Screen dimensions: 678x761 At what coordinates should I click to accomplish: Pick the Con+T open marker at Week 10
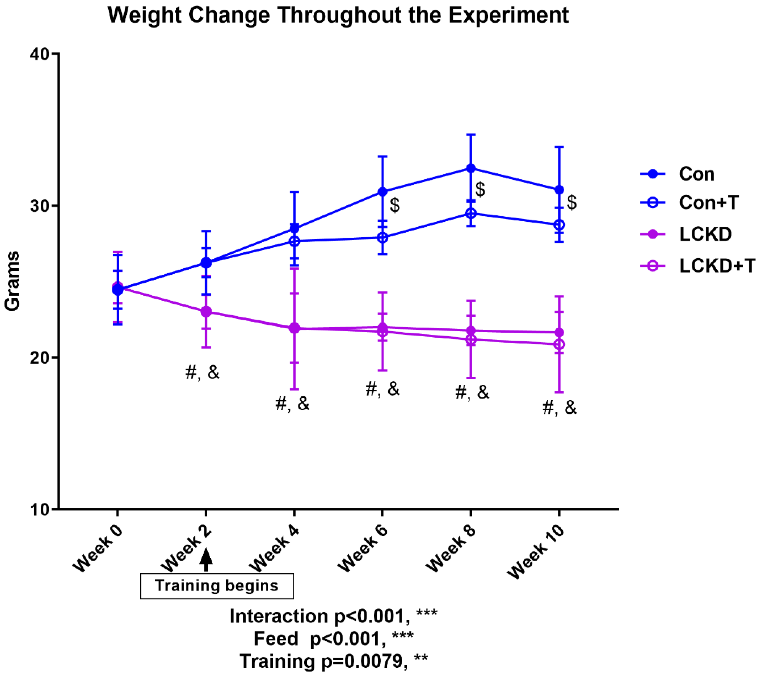tap(559, 225)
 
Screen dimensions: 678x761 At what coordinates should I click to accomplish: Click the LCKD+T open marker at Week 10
tap(559, 344)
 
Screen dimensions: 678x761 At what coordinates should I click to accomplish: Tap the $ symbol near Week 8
tap(480, 189)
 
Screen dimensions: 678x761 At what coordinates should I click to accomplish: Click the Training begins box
tap(217, 586)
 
